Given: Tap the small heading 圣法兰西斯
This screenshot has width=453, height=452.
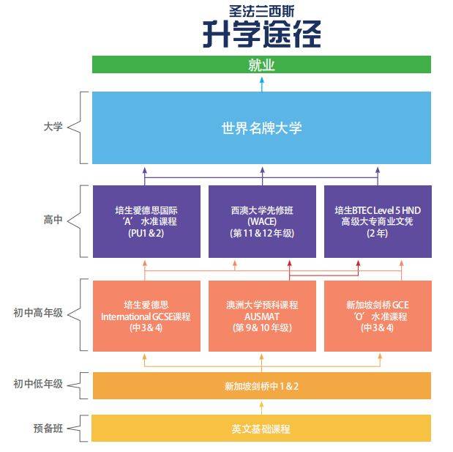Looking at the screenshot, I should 261,11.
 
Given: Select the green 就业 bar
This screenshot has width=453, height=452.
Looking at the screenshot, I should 261,64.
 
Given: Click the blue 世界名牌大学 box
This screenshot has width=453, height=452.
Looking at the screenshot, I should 261,128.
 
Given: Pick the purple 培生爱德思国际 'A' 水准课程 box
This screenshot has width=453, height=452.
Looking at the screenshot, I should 145,221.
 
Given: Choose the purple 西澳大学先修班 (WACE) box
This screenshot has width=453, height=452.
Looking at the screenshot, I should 261,221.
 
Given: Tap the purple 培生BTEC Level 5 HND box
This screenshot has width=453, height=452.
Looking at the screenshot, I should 377,221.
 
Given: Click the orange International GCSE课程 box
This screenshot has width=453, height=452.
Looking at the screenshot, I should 145,316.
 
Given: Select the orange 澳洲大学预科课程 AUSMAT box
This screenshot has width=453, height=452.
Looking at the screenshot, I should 261,316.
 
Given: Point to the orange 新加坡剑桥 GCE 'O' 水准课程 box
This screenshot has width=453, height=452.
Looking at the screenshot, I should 377,316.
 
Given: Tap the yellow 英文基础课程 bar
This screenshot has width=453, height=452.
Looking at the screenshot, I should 261,429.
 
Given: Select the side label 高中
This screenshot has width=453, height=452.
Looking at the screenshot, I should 53,220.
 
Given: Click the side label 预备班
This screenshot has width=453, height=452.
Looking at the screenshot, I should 48,427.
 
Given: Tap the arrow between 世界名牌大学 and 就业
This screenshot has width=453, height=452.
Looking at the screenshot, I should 261,83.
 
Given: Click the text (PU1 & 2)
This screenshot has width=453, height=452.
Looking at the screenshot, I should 145,234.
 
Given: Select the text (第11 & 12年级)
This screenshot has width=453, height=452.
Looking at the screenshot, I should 261,234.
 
